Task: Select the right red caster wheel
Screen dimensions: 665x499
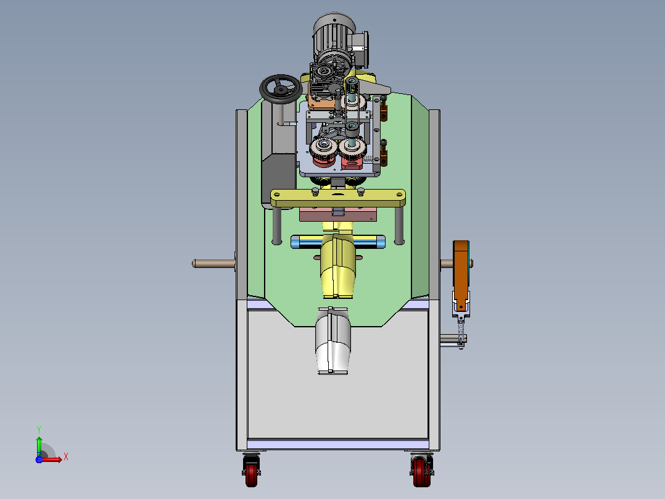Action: coord(421,471)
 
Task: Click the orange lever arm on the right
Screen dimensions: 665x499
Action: coord(461,274)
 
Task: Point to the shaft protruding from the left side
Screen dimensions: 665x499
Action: coord(213,263)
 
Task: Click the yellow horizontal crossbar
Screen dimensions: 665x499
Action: coord(338,198)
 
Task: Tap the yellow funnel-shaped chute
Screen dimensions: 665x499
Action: coord(338,266)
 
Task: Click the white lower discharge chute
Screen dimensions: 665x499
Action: coord(333,341)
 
